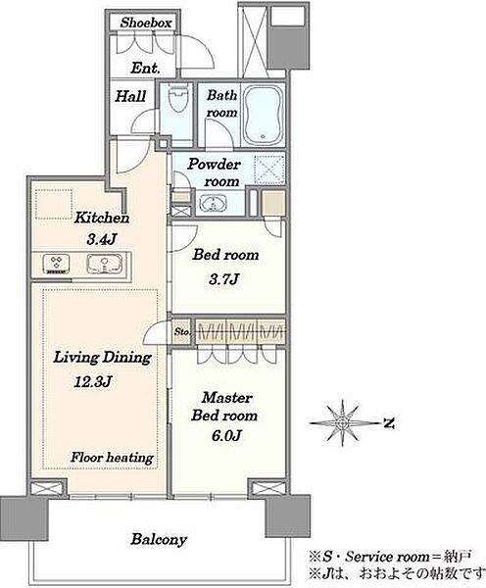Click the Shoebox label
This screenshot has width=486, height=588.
pos(146,23)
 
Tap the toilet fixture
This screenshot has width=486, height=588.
pos(177,99)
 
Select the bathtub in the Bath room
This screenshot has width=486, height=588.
pos(264,115)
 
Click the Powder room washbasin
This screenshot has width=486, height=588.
pos(213,204)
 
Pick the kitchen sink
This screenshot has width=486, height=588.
pos(105,264)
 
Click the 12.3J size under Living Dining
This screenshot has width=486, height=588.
pos(93,382)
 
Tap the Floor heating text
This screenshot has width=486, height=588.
pos(112,458)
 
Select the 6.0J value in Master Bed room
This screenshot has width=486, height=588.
pos(225,435)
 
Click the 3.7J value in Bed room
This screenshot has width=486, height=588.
pos(223,279)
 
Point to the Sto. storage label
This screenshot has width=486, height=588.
pos(182,332)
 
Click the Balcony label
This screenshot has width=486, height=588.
pos(159,539)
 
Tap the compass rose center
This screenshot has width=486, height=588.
pos(342,423)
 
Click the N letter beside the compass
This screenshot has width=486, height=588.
pos(389,423)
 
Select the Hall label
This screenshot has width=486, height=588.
pos(130,96)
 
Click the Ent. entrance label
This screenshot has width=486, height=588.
pos(145,68)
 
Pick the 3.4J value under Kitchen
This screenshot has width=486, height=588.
pos(101,239)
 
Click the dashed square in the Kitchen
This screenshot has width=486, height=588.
pos(54,205)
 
